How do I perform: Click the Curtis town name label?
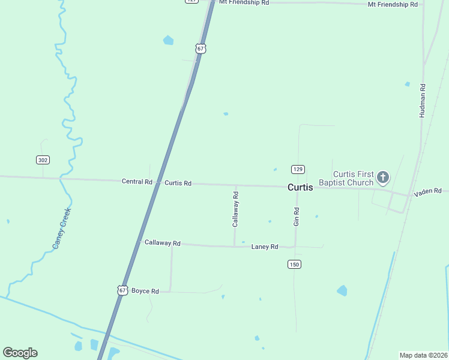(x=300, y=187)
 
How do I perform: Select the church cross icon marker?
(x=383, y=178)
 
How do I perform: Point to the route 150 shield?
(x=294, y=264)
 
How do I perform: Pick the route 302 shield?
(x=42, y=160)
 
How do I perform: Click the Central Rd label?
(x=137, y=181)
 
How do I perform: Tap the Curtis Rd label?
(x=178, y=183)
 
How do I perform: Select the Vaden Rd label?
(x=427, y=191)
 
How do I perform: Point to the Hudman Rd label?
(x=423, y=100)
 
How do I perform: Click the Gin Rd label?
(x=297, y=216)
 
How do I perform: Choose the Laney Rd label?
(x=265, y=247)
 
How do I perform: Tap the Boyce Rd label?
(x=145, y=291)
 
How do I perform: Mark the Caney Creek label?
(x=62, y=228)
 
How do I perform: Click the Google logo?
(x=20, y=353)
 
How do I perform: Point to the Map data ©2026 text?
(x=423, y=355)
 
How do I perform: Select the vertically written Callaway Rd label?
(x=236, y=209)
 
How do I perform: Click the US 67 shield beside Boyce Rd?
(x=122, y=290)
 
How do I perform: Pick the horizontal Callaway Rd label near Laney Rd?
(x=162, y=243)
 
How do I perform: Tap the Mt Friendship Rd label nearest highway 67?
(x=244, y=2)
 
